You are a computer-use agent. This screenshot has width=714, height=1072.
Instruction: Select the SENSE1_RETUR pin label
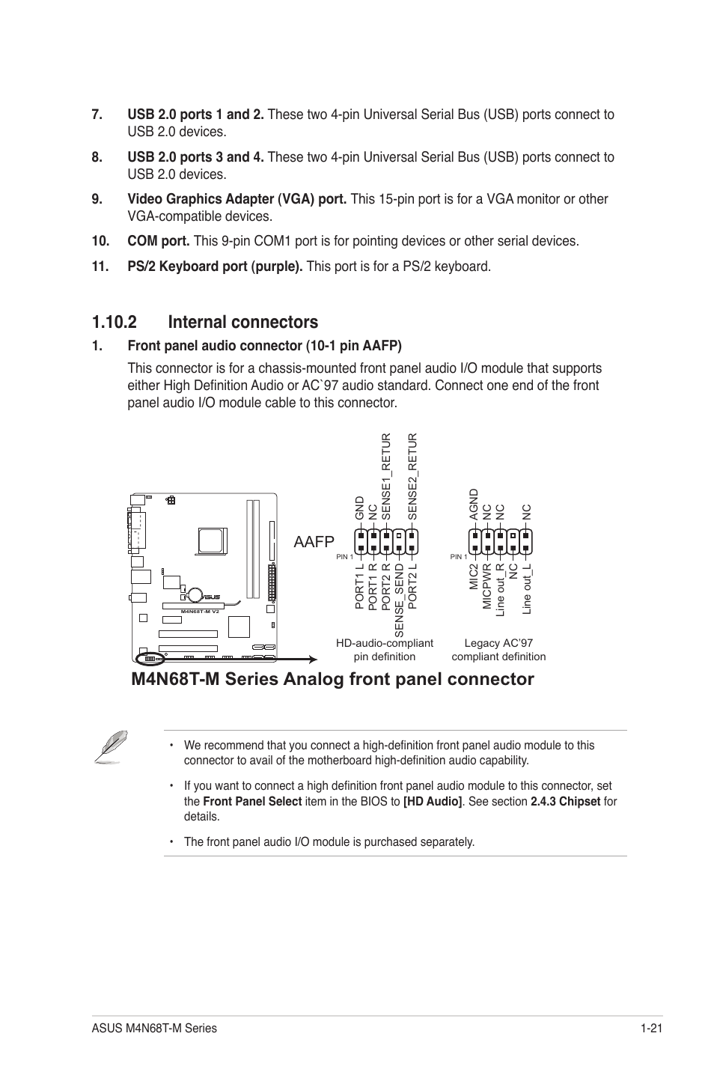(386, 476)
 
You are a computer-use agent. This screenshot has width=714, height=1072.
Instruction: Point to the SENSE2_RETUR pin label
(412, 476)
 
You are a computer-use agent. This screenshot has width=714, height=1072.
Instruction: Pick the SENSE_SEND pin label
(400, 600)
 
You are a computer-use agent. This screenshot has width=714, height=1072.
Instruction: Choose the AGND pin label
(473, 505)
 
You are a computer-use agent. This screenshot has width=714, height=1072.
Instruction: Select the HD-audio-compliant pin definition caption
(385, 650)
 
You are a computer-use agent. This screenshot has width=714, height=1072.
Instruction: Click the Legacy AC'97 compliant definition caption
(498, 650)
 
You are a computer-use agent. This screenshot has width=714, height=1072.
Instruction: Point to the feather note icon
(110, 747)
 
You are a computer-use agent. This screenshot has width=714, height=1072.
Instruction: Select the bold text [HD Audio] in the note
(433, 801)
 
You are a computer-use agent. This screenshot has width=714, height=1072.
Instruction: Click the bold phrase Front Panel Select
(252, 801)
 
